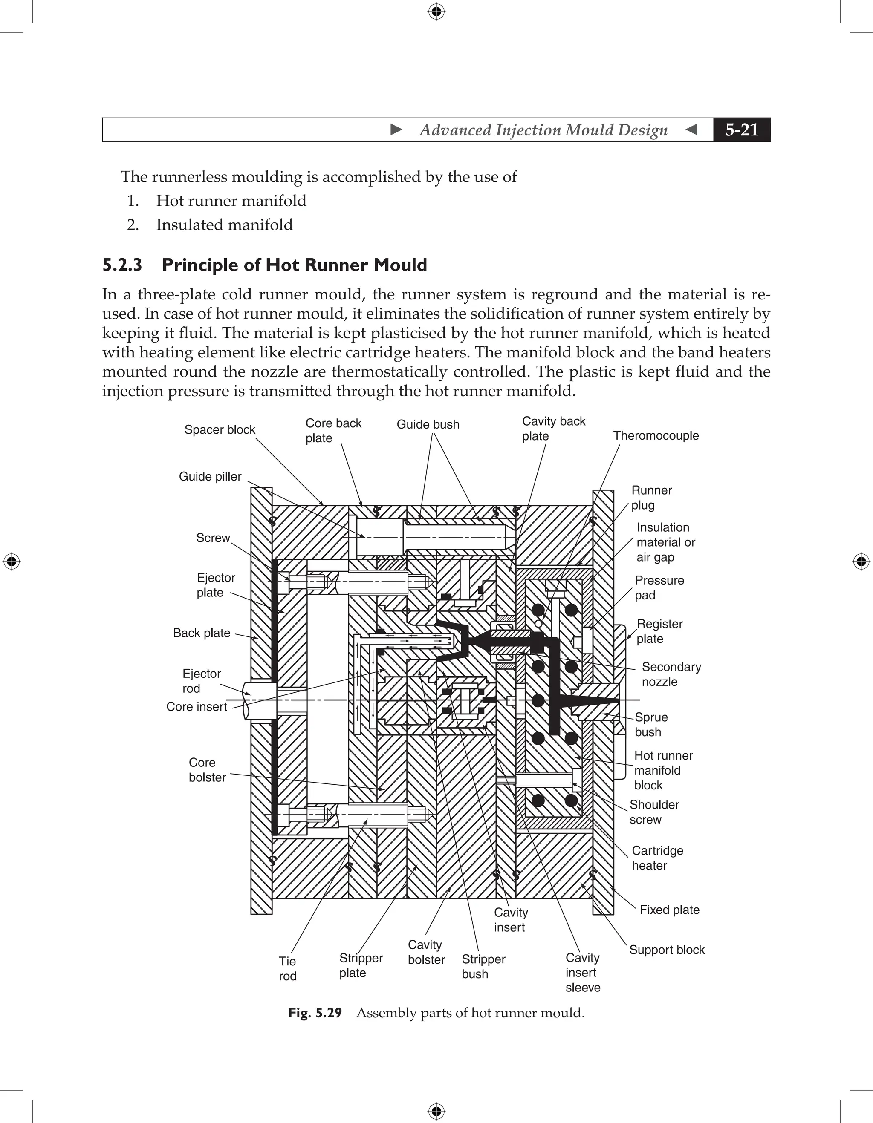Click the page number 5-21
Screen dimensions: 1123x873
(x=741, y=130)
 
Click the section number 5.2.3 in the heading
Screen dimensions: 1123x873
(x=122, y=265)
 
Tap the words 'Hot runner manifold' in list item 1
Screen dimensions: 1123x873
(x=231, y=201)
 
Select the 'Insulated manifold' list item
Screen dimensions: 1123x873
(x=224, y=225)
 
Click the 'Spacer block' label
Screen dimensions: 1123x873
(x=220, y=429)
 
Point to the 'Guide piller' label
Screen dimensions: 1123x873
(x=210, y=476)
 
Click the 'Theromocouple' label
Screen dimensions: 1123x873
(x=656, y=435)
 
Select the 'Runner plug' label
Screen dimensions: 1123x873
(x=651, y=497)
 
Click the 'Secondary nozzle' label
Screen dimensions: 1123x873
(x=671, y=674)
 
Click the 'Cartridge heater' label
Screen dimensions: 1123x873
(x=657, y=858)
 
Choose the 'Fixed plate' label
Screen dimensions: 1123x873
(x=669, y=910)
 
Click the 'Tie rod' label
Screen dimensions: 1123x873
(x=288, y=968)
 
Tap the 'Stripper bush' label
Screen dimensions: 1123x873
(x=483, y=966)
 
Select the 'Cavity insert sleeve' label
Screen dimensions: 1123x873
(x=582, y=972)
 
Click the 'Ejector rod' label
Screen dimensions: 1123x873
(x=201, y=681)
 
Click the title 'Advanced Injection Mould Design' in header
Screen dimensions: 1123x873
(x=543, y=130)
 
